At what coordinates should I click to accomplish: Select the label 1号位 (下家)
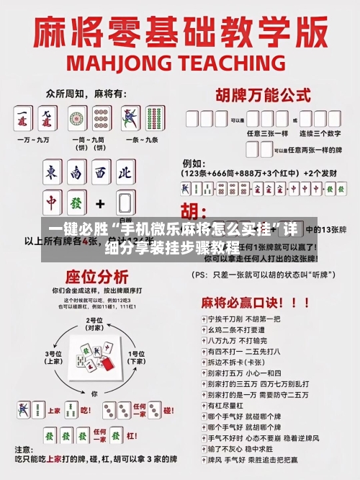pos(135,357)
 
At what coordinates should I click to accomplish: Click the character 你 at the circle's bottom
pos(94,394)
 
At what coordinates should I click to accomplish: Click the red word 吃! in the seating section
pos(85,409)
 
